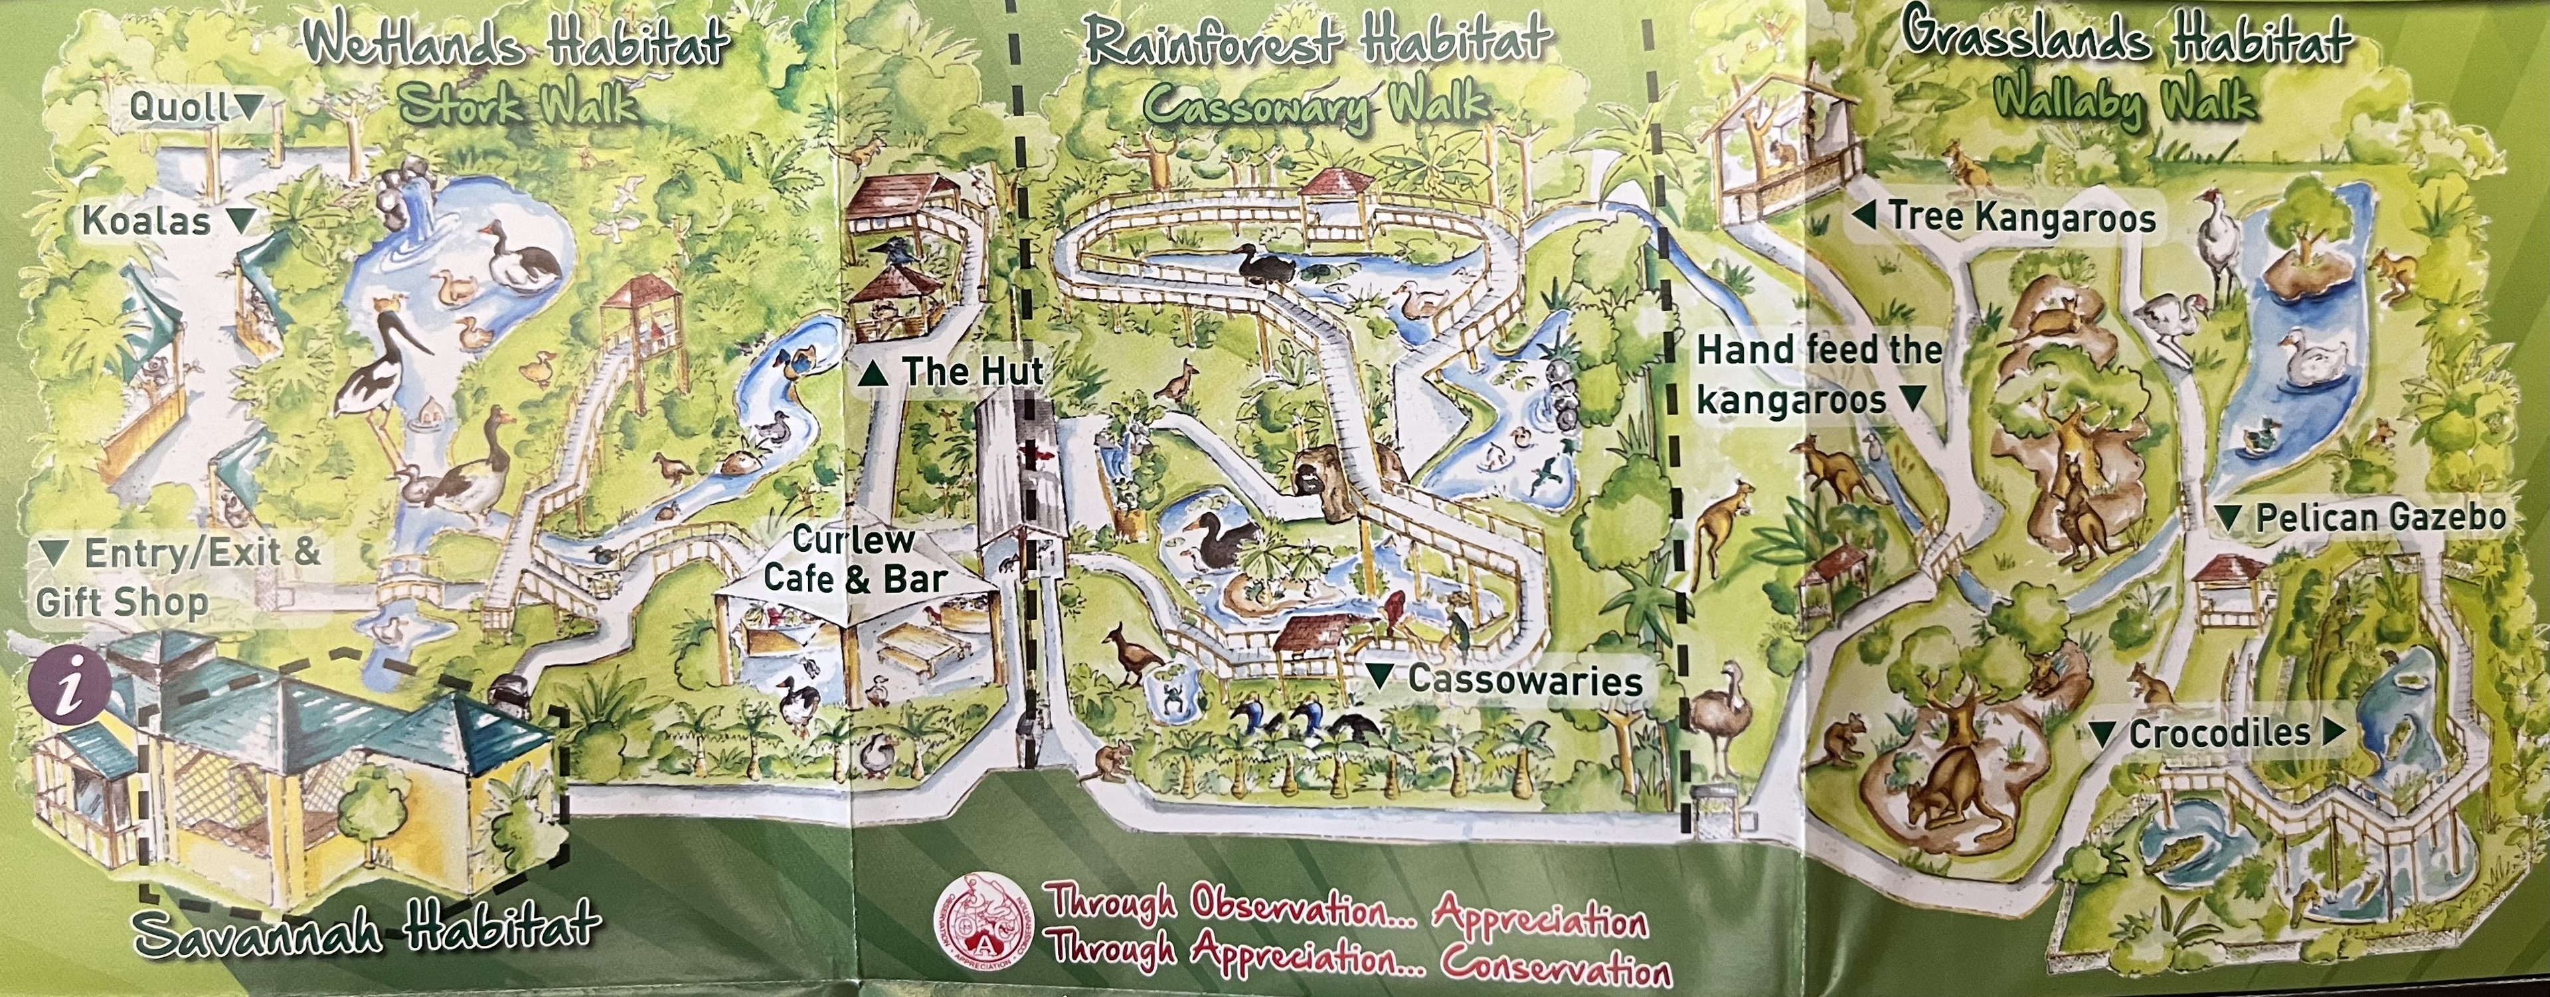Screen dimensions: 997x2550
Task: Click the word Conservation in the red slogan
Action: tap(1554, 964)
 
